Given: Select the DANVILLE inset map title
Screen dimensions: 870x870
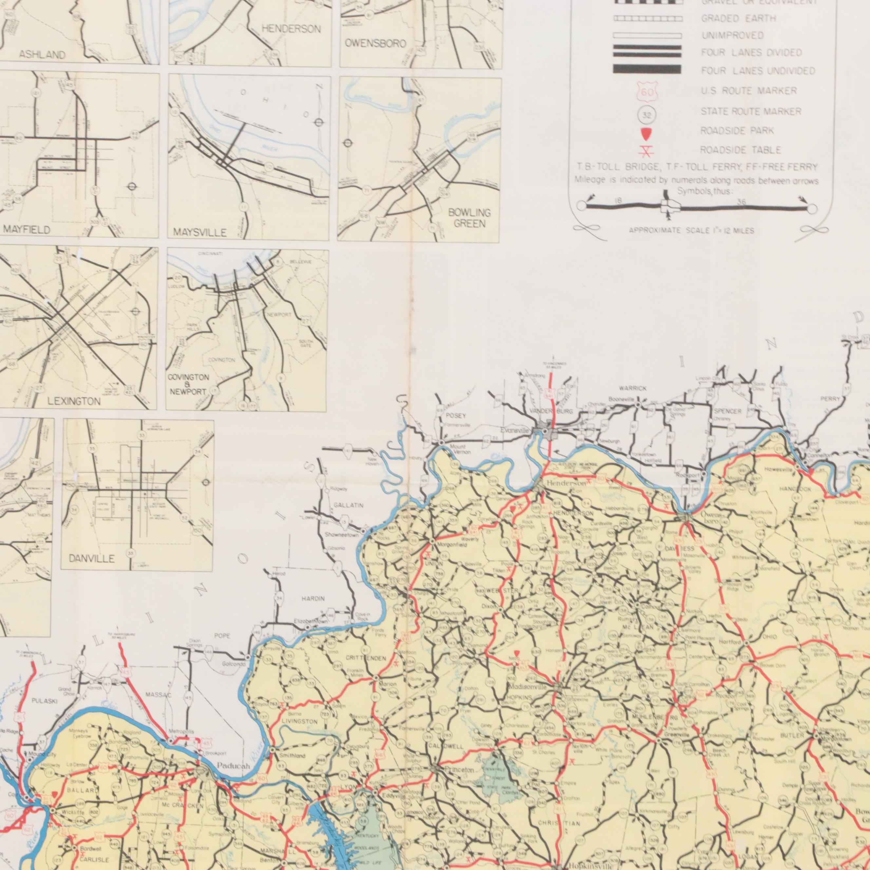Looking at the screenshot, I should (92, 559).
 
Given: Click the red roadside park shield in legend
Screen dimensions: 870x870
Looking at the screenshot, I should (647, 133).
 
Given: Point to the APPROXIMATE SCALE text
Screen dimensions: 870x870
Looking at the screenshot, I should (691, 231).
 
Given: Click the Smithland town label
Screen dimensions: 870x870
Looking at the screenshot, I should (292, 756).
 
